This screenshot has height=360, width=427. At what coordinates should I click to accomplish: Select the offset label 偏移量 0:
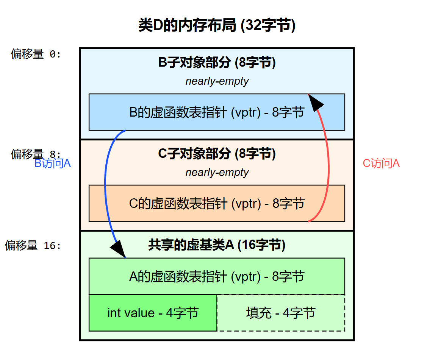(x=36, y=55)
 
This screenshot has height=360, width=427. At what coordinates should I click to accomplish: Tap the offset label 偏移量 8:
(x=36, y=154)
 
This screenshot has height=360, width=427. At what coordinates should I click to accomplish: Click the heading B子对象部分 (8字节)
(x=217, y=63)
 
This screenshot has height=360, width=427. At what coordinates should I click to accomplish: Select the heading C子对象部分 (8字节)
(x=217, y=154)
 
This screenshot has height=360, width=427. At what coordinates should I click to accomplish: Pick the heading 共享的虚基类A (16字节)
(x=217, y=245)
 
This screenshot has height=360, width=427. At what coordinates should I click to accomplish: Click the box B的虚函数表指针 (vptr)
(x=217, y=112)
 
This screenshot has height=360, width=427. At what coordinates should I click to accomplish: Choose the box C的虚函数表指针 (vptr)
(x=217, y=203)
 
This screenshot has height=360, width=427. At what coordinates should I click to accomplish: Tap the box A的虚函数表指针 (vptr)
(x=217, y=276)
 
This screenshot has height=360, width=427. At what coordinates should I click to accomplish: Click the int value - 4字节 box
(x=153, y=313)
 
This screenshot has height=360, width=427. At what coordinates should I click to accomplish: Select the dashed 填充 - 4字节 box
(x=281, y=313)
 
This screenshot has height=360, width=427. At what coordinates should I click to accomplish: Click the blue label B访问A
(x=53, y=164)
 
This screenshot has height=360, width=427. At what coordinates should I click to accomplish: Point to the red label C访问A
(x=381, y=164)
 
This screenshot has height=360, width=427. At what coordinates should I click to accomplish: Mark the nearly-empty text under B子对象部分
(x=217, y=81)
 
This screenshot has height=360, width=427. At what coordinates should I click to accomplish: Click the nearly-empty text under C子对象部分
(x=217, y=173)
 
